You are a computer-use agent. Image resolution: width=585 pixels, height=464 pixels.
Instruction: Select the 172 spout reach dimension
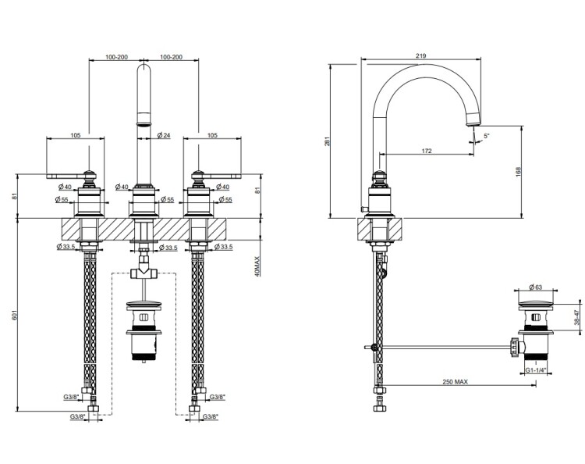point(426,150)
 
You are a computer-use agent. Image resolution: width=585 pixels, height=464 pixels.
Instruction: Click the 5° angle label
point(486,137)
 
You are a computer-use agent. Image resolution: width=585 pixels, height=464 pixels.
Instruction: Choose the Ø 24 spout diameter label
point(164,137)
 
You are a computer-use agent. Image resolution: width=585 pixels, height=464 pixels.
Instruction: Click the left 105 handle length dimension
point(75,136)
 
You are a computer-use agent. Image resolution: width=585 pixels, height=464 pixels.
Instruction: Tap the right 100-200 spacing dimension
point(171,57)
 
